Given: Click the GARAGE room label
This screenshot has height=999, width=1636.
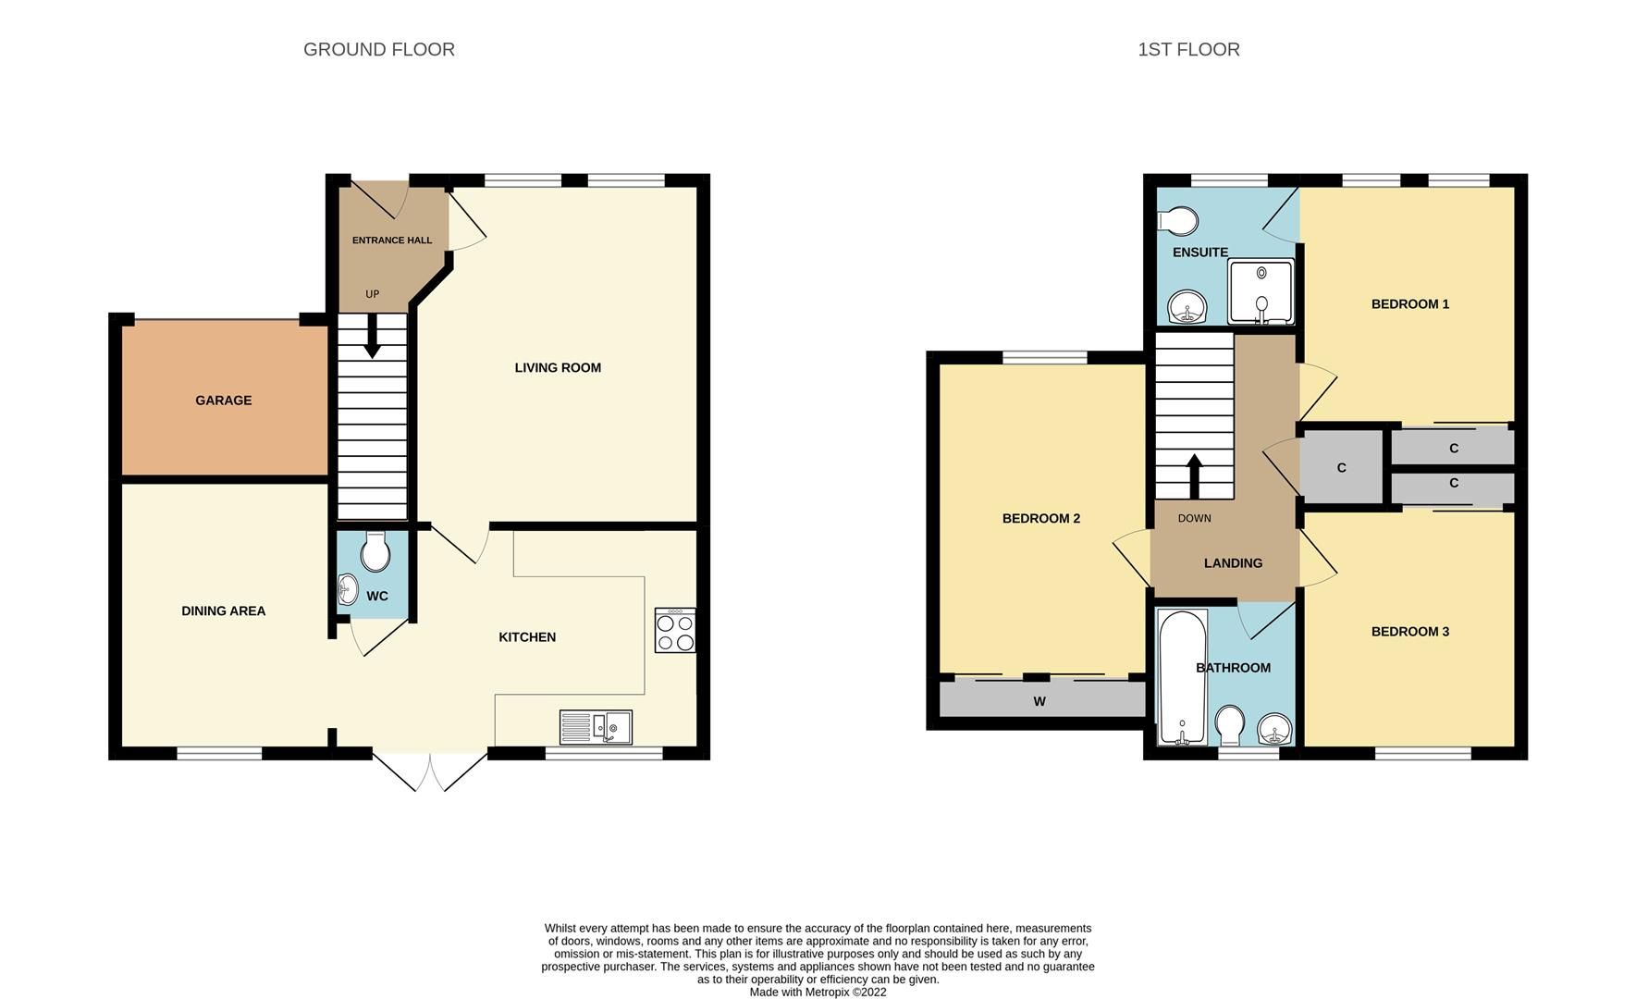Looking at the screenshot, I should (x=223, y=401).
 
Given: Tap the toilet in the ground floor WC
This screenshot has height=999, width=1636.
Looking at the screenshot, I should (x=375, y=552).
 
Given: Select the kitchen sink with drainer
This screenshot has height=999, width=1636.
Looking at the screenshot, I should (x=596, y=727).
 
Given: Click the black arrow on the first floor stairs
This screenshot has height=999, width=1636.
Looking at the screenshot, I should (x=1194, y=475).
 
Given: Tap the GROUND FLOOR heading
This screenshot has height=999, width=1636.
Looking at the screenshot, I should (x=379, y=49).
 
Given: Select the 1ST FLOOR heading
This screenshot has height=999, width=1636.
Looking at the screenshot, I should (x=1188, y=49).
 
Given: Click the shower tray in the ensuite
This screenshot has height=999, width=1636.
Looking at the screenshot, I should (x=1261, y=292).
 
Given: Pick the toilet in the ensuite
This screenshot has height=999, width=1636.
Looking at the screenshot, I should (x=1177, y=221).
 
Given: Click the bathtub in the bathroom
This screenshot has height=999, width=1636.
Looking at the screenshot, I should (x=1182, y=677).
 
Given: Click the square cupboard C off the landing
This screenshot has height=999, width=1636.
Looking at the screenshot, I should (x=1341, y=468).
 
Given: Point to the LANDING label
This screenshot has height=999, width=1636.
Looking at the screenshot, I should (x=1233, y=563).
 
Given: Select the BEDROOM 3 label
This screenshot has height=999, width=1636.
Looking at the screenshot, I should (x=1409, y=632).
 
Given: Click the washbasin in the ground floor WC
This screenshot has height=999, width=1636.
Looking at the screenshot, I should (x=348, y=589).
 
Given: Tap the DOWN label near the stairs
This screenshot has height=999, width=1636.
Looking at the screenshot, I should (x=1194, y=518).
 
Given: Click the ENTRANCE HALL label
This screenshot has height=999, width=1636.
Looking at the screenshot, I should (x=392, y=240).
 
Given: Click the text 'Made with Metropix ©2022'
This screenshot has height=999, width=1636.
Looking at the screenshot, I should (x=818, y=992).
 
